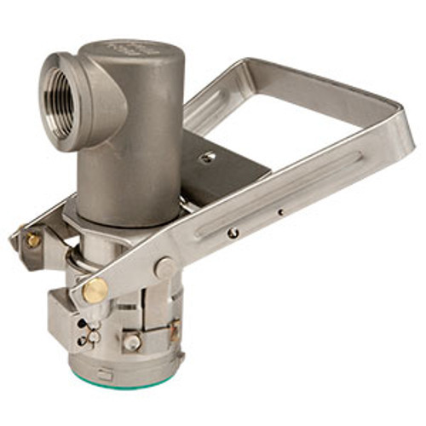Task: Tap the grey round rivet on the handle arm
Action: coord(165,268)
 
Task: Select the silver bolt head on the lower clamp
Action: coord(131,343)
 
